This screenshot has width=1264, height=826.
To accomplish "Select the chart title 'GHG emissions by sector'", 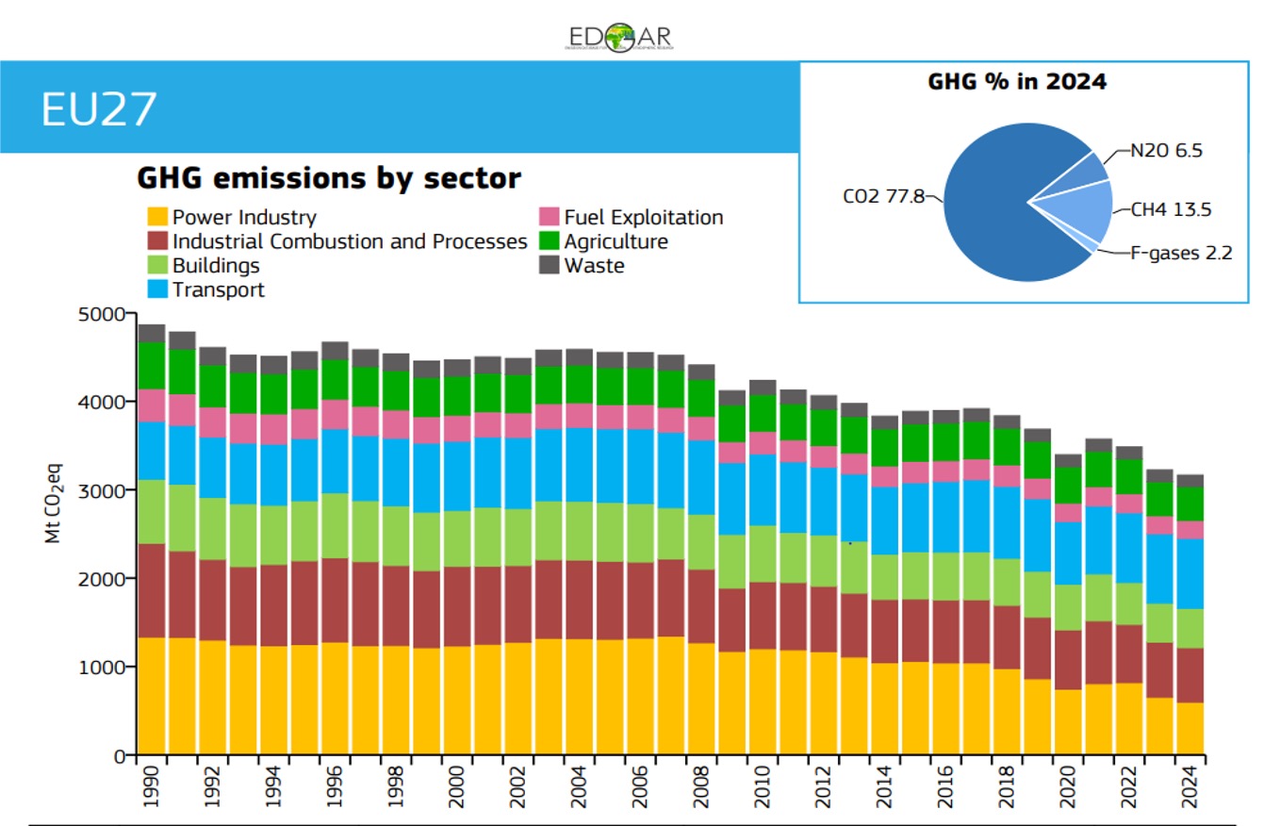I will (x=329, y=178).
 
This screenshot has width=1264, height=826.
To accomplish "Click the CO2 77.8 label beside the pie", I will (x=883, y=197).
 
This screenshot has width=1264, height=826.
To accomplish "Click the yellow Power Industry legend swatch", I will (x=156, y=218).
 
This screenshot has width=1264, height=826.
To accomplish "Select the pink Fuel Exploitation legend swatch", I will (x=550, y=218).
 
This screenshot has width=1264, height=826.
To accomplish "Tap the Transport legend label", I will (x=218, y=289).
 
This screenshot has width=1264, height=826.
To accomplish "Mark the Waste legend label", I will (x=594, y=266).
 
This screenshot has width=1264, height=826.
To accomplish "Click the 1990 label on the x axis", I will (x=152, y=782).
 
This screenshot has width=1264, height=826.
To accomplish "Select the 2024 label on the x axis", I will (x=1190, y=782).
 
